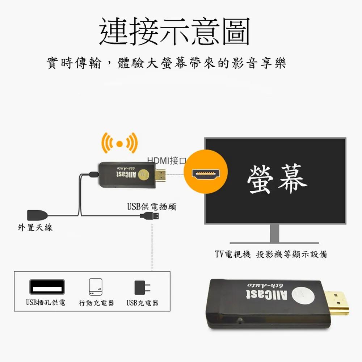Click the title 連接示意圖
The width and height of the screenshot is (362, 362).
click(174, 31)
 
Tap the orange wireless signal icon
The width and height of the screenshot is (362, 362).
click(119, 143)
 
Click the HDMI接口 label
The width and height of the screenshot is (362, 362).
click(167, 161)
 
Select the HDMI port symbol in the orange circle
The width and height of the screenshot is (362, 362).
click(206, 174)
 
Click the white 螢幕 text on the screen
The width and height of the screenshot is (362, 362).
click(277, 179)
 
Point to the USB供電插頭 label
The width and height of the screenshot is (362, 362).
click(152, 206)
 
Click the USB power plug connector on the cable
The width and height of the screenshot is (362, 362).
click(150, 216)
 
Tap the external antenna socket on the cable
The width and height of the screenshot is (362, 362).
click(37, 215)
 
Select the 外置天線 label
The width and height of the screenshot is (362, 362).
click(35, 228)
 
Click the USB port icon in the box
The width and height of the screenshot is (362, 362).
click(47, 287)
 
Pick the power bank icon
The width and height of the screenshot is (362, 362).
click(96, 287)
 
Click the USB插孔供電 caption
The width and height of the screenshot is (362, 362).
click(46, 302)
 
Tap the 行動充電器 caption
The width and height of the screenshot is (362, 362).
click(96, 303)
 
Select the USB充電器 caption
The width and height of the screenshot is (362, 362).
click(142, 303)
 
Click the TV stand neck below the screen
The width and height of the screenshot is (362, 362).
click(274, 233)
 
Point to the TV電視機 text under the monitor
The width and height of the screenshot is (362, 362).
click(232, 254)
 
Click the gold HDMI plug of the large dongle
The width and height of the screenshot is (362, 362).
click(337, 303)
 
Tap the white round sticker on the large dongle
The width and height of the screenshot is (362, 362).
click(303, 295)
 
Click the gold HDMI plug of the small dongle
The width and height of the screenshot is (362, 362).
click(161, 175)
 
